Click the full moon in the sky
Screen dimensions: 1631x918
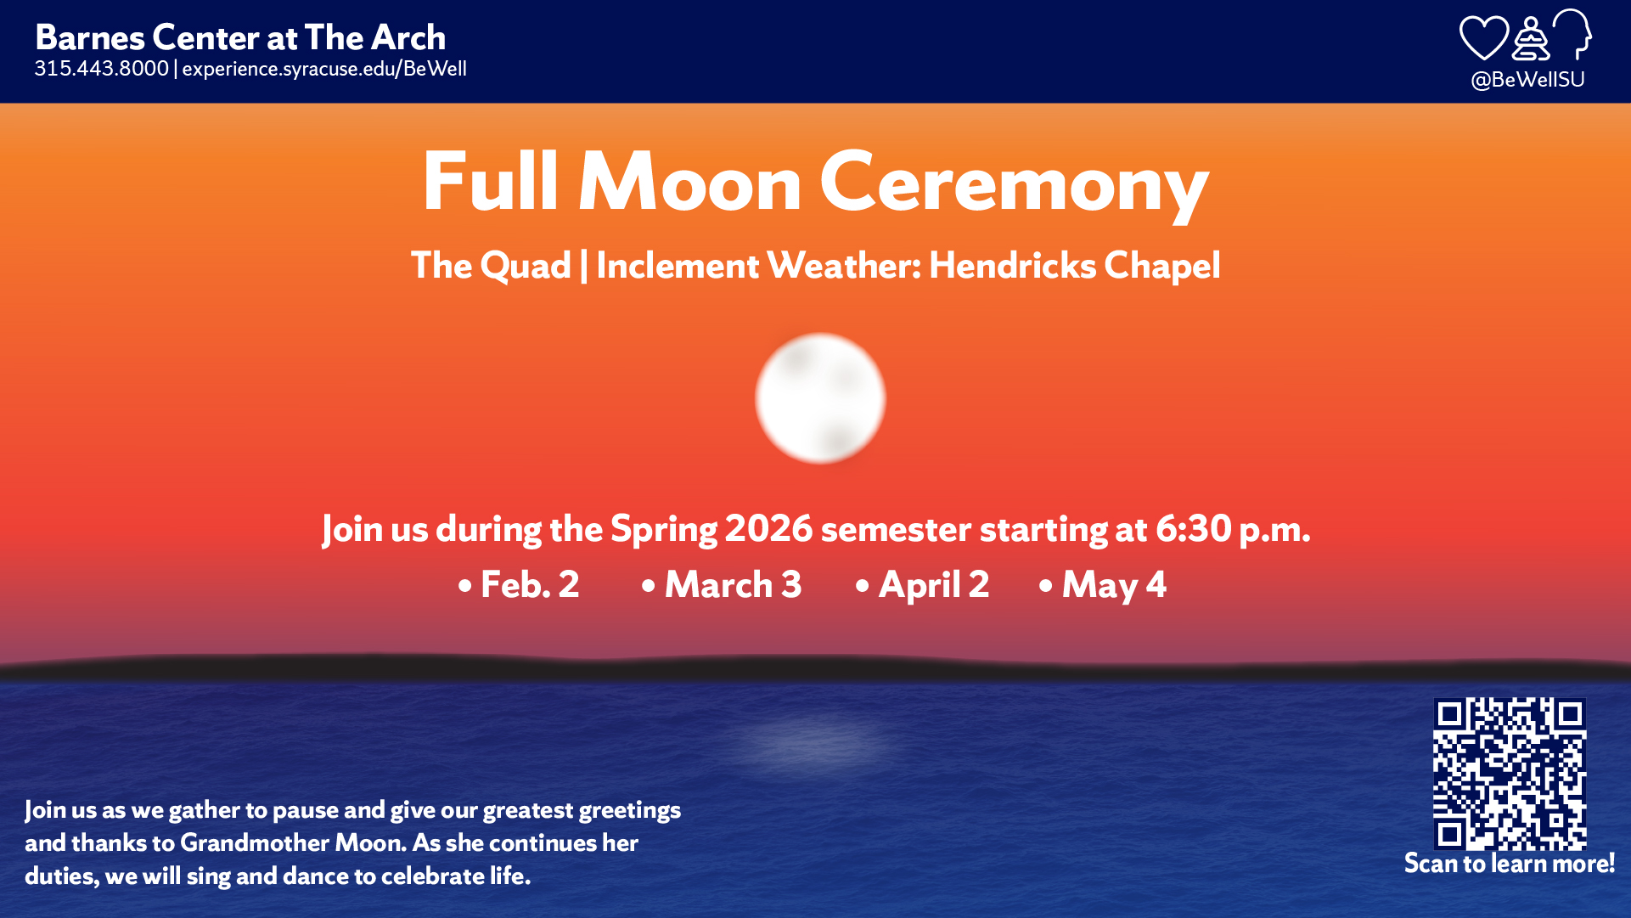[820, 398]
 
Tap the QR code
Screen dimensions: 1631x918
[1510, 774]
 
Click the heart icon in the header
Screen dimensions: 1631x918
[1483, 38]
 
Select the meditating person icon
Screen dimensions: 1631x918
[1531, 39]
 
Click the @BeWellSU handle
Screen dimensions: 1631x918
[1527, 80]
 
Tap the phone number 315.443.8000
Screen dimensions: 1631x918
[102, 69]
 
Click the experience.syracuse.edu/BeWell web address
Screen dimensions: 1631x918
[324, 69]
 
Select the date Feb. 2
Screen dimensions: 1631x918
[530, 584]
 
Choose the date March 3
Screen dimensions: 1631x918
[733, 584]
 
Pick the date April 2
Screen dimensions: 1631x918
[934, 585]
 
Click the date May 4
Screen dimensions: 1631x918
[1114, 585]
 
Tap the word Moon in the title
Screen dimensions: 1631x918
[689, 182]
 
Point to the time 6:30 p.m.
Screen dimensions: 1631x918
[1233, 529]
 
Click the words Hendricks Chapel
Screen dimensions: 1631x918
[1075, 266]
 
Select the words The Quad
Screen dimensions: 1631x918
[491, 266]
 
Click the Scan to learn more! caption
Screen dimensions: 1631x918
[1510, 864]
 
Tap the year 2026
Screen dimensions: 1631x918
[768, 529]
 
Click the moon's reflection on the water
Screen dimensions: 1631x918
[815, 741]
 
